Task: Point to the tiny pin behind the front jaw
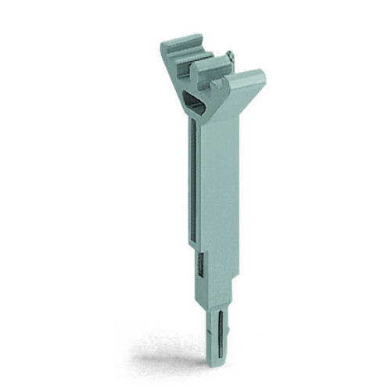click(x=229, y=56)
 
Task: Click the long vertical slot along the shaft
click(x=192, y=180)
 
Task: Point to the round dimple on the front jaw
click(x=205, y=78)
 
